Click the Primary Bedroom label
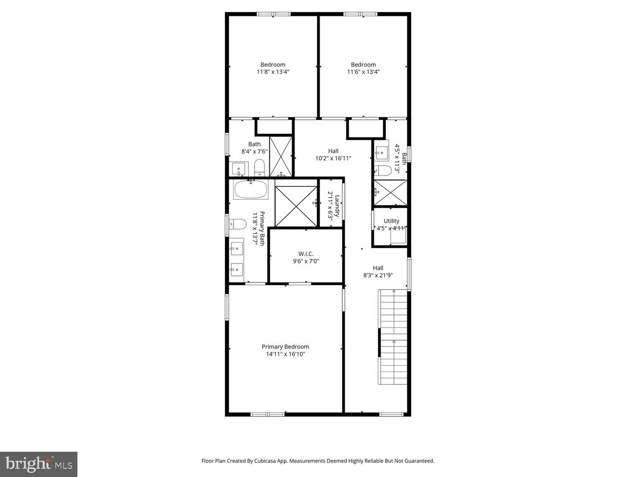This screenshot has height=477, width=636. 285,347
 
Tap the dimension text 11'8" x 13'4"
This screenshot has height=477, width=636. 273,72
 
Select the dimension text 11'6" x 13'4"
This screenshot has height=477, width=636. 363,72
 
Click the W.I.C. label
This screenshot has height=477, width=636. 306,254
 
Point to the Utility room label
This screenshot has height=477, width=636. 391,221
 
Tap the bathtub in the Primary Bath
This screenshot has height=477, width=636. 250,189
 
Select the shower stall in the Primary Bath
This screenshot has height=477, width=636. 296,206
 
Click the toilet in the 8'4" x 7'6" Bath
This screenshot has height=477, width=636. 259,168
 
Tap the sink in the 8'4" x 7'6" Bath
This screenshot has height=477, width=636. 239,169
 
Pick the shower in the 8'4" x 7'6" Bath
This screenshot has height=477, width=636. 281,156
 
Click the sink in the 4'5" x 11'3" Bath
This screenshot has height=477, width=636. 381,153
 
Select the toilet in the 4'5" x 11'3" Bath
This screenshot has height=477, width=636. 382,171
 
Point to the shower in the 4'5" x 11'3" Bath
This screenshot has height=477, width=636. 390,193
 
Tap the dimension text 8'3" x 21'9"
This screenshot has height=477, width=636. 378,275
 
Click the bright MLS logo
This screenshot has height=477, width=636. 39,464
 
